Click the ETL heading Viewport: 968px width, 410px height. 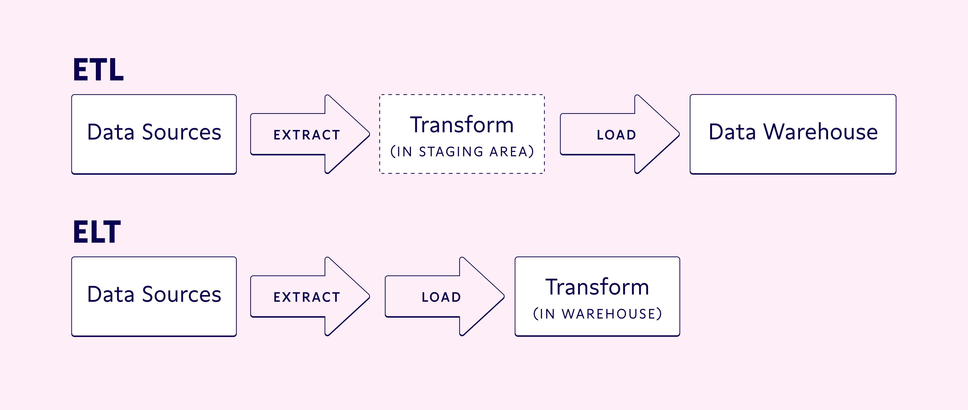pos(98,70)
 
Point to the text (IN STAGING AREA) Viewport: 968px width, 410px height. pos(462,152)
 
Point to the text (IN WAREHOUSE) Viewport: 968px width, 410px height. pos(597,314)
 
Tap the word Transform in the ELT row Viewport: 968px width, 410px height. pos(597,287)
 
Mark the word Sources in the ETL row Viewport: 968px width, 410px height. pos(182,132)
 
